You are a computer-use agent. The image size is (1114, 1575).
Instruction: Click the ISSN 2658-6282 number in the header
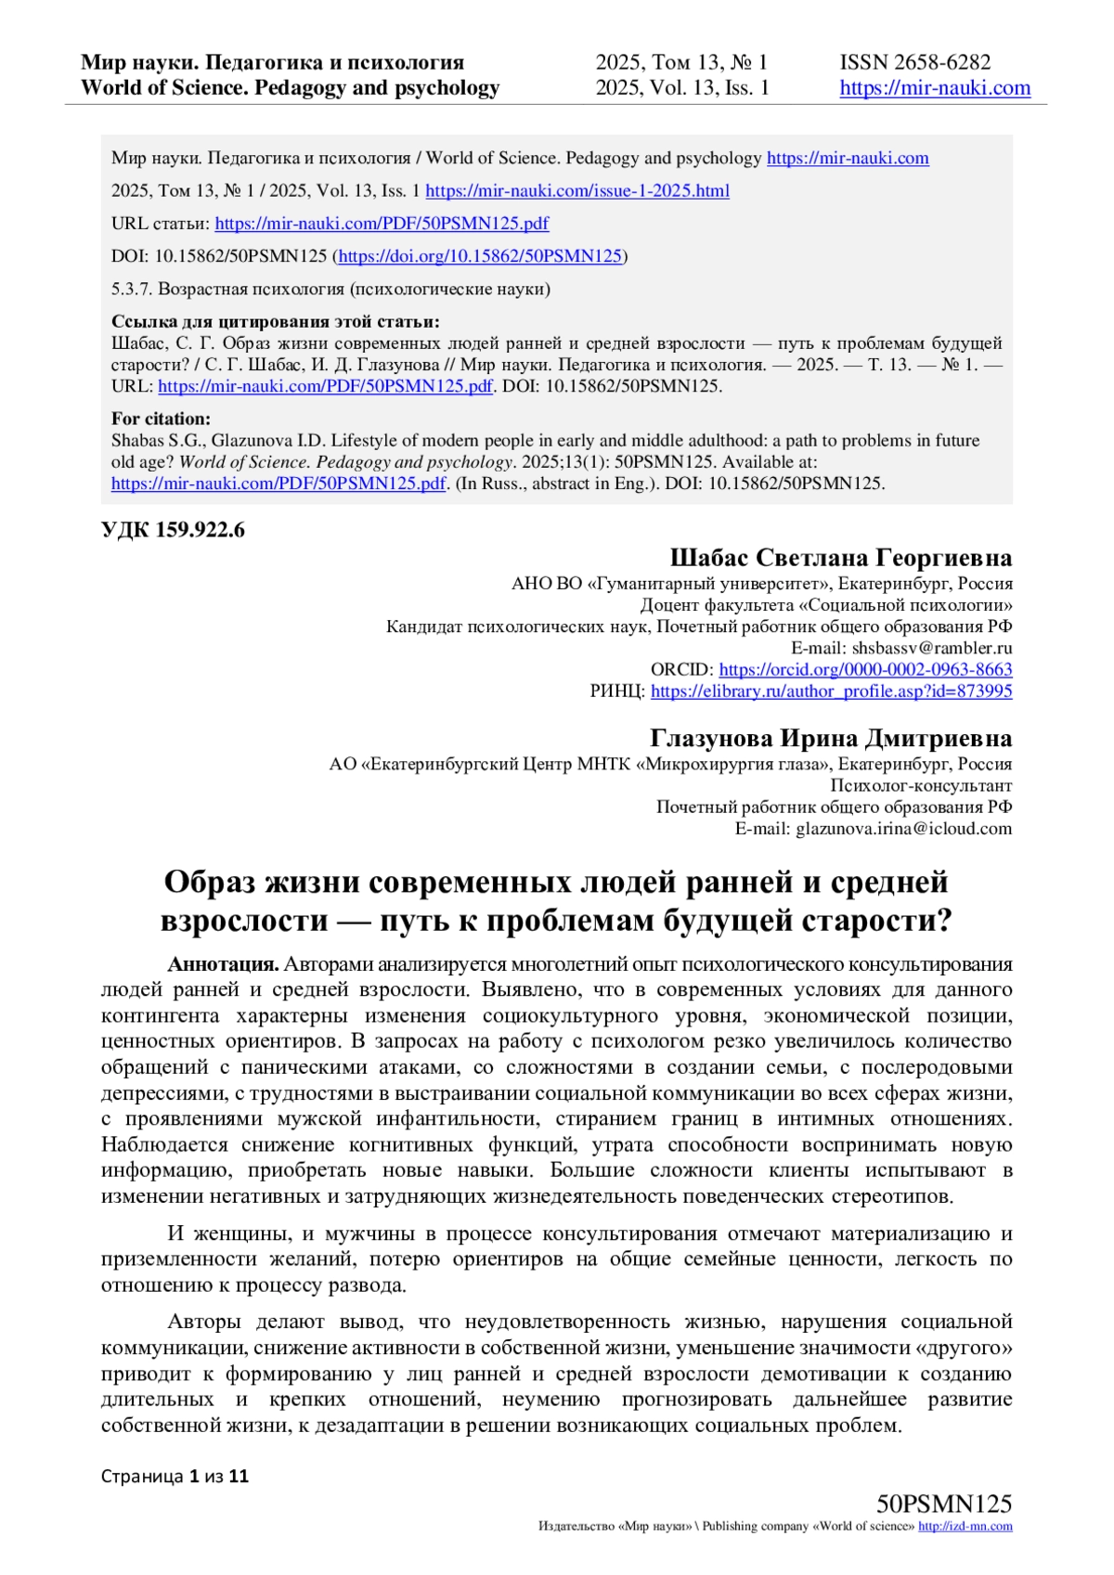pyautogui.click(x=914, y=62)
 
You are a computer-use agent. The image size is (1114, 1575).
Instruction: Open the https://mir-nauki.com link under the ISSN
pyautogui.click(x=935, y=88)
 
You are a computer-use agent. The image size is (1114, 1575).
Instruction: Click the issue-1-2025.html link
pyautogui.click(x=576, y=191)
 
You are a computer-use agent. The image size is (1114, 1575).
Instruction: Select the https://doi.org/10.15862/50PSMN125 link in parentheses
pyautogui.click(x=481, y=256)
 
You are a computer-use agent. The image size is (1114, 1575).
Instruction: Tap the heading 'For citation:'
pyautogui.click(x=161, y=419)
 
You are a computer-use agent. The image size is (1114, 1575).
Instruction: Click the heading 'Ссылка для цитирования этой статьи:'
pyautogui.click(x=275, y=322)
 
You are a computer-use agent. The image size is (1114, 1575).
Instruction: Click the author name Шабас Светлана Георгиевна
pyautogui.click(x=840, y=558)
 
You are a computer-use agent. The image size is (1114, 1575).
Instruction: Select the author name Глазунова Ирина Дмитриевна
pyautogui.click(x=830, y=739)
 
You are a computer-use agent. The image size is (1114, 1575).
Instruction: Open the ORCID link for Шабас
pyautogui.click(x=865, y=669)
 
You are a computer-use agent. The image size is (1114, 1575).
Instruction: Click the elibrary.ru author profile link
pyautogui.click(x=831, y=691)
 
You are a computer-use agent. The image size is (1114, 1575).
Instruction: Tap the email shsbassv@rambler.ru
pyautogui.click(x=931, y=648)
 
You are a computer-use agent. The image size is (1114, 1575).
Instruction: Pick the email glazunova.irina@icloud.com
pyautogui.click(x=903, y=829)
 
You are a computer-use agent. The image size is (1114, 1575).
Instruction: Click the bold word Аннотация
pyautogui.click(x=223, y=964)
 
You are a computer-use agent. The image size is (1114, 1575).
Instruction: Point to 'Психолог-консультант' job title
pyautogui.click(x=921, y=786)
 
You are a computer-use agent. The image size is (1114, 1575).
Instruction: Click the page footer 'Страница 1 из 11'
pyautogui.click(x=175, y=1476)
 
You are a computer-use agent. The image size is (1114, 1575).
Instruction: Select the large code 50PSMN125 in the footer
pyautogui.click(x=943, y=1504)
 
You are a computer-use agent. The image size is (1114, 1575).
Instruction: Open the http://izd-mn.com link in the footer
pyautogui.click(x=965, y=1527)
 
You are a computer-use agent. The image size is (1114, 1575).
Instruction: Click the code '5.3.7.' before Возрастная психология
pyautogui.click(x=132, y=290)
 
